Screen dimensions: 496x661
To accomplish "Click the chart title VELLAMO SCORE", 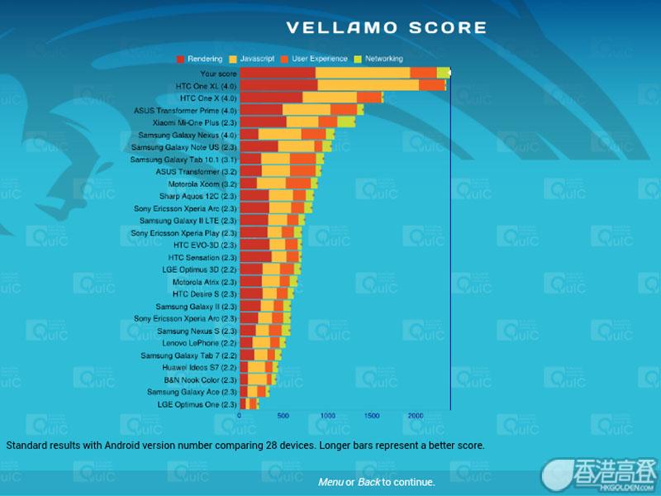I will [x=386, y=28].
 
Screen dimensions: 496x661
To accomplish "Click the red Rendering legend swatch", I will [x=181, y=60].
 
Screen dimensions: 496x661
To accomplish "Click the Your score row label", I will [x=218, y=73].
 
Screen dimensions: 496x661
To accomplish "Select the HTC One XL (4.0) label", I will [x=206, y=85].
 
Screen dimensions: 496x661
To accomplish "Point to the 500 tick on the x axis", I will [x=283, y=416].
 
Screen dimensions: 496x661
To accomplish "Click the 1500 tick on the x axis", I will [x=372, y=416].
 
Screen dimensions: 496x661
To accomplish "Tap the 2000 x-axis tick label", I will [x=416, y=416].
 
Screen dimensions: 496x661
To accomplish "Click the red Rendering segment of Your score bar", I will [x=278, y=73].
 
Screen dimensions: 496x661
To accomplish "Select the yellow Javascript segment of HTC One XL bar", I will [x=368, y=85].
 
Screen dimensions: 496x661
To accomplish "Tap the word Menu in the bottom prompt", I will [x=330, y=482].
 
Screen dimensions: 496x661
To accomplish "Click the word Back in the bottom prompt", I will [x=369, y=482].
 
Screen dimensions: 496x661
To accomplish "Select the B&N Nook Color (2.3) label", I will [x=200, y=379].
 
